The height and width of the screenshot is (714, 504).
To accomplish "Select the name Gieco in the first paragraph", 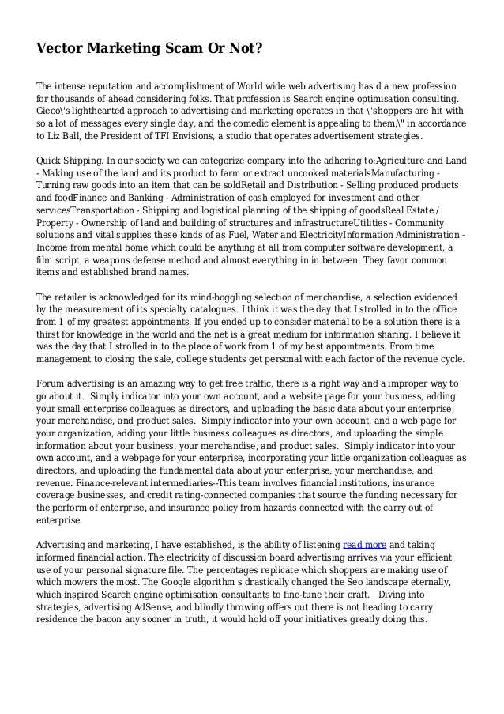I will click(x=54, y=111).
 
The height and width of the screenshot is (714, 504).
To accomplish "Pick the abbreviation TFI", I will click(x=184, y=137).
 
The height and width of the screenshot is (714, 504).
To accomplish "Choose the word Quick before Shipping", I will click(x=51, y=160).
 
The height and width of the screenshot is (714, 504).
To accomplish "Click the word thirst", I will click(x=51, y=334).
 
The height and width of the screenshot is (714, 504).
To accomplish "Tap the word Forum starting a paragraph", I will click(x=53, y=383).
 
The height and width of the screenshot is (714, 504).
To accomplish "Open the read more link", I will click(x=364, y=544).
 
